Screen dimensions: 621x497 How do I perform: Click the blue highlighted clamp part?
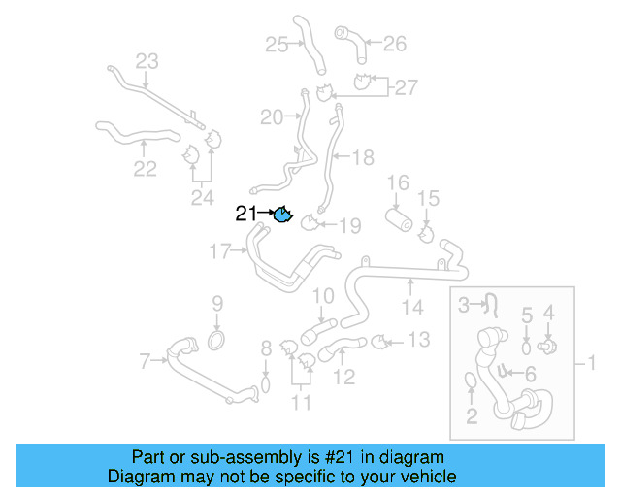point(282,215)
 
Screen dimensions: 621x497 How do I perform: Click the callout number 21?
point(246,215)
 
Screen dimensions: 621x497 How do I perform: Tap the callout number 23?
point(146,62)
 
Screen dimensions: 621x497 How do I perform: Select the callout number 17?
point(220,252)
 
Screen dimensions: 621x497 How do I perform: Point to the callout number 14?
point(412,308)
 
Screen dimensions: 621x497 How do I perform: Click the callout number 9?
point(217,303)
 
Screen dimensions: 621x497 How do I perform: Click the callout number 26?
point(395,43)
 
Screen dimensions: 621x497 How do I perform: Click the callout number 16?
point(399,182)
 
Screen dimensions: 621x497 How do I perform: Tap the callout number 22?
point(145,169)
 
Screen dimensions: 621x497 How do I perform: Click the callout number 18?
point(362,157)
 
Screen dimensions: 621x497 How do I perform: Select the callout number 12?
point(344,375)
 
